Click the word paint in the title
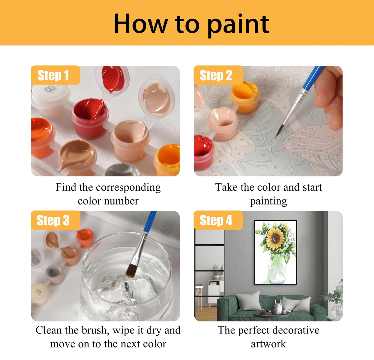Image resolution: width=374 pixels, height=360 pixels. [x=238, y=25]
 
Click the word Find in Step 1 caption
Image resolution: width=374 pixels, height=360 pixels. [x=65, y=187]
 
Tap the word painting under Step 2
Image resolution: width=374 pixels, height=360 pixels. [x=268, y=201]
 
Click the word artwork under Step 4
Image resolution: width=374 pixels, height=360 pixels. [x=268, y=344]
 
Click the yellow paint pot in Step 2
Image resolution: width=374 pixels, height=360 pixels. [x=245, y=97]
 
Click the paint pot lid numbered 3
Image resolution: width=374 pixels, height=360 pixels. [x=39, y=293]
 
